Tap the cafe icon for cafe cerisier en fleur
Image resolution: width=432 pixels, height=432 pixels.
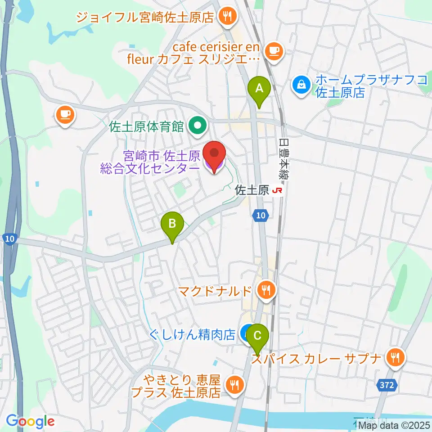coord(274,51)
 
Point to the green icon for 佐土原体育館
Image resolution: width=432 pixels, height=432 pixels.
coord(197,125)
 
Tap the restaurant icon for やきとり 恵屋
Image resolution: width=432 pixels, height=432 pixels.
coord(234,385)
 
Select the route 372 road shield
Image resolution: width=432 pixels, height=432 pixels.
coord(386,385)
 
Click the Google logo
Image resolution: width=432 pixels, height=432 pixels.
coord(30,421)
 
